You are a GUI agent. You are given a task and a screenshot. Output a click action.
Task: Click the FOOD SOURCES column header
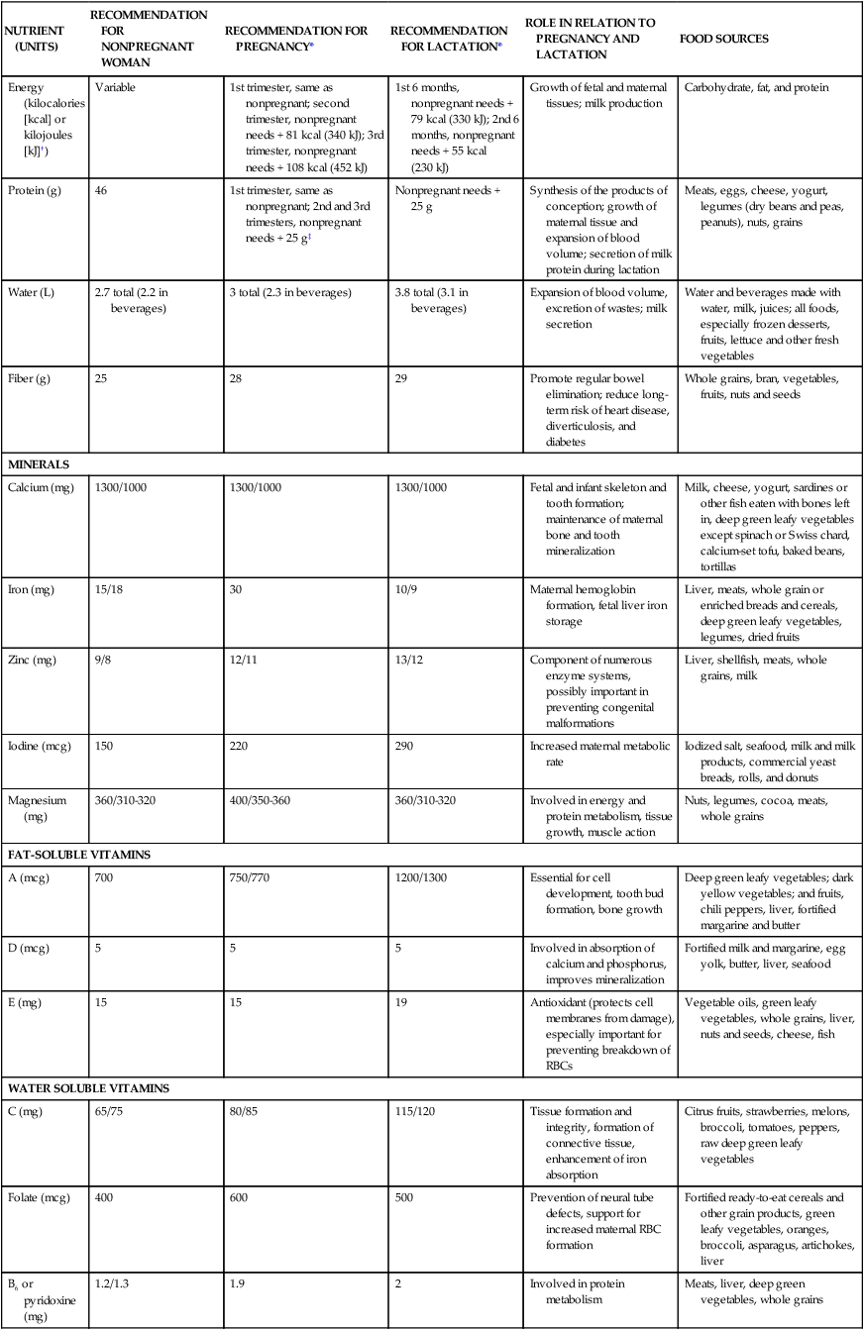[723, 40]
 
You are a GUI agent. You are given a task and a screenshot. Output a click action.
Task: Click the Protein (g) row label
[34, 190]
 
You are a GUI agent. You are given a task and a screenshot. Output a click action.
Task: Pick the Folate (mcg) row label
[39, 1197]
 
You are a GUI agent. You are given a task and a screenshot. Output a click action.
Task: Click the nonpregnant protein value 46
[102, 190]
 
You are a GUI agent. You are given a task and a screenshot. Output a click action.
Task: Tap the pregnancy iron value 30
[235, 590]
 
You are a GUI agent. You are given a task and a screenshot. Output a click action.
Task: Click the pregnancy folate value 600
[238, 1197]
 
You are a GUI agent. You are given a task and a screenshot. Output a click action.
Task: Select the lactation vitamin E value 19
[401, 1003]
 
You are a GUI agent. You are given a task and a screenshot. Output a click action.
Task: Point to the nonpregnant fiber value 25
[102, 379]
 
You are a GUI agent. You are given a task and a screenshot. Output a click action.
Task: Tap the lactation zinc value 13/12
[410, 660]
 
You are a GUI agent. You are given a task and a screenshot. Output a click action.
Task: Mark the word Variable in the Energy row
[115, 87]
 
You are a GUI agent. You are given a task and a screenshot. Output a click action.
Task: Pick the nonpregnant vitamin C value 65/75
[109, 1112]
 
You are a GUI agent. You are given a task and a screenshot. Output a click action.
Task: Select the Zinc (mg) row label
[32, 660]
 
